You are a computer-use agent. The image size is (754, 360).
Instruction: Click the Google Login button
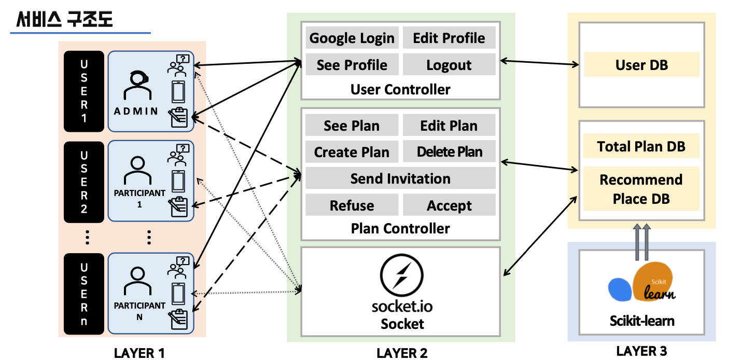[x=352, y=38]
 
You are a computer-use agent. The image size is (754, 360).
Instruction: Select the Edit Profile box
[x=449, y=38]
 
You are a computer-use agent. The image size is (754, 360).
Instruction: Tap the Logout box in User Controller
[x=449, y=65]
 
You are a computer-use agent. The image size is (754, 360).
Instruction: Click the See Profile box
[x=352, y=65]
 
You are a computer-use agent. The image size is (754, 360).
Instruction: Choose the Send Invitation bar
[x=400, y=178]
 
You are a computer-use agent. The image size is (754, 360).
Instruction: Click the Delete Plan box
[x=449, y=152]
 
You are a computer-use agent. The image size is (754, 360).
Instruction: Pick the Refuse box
[x=352, y=205]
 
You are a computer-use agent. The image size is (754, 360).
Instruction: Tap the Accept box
[x=449, y=205]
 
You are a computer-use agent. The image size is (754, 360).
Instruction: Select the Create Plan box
[x=352, y=152]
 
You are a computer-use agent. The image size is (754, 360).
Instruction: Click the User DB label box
[x=641, y=65]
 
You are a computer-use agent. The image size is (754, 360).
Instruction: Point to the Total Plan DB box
[x=641, y=146]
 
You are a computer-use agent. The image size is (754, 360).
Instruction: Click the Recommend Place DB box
[x=641, y=189]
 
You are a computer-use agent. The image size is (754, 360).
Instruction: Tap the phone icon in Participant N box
[x=178, y=295]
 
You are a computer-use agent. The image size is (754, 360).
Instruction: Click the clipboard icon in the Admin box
[x=178, y=118]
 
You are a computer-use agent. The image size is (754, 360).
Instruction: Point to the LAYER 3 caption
[x=641, y=351]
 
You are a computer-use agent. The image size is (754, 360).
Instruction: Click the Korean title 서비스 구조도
[x=65, y=19]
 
